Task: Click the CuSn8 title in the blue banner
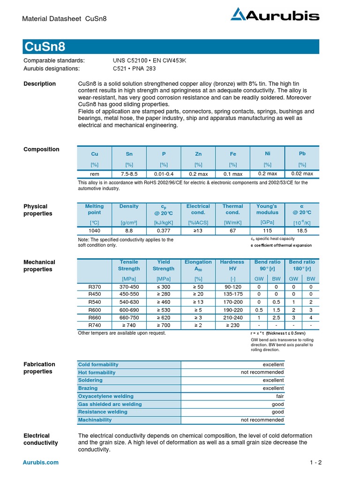click(x=45, y=47)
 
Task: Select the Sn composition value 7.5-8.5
click(x=129, y=174)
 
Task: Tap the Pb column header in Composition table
click(x=302, y=153)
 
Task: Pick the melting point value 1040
click(x=95, y=231)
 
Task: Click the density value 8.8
click(x=129, y=231)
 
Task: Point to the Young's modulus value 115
click(x=267, y=231)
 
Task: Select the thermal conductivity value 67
click(x=232, y=231)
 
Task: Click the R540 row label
click(x=95, y=302)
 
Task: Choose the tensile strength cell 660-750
click(x=129, y=317)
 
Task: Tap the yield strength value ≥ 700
click(x=164, y=325)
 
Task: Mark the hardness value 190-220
click(x=232, y=310)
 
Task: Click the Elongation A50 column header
click(x=198, y=265)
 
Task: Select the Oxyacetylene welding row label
click(x=106, y=396)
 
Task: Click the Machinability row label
click(x=95, y=420)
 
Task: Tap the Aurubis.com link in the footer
click(x=41, y=463)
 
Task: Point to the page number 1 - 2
click(x=315, y=463)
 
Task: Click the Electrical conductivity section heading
click(x=41, y=439)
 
